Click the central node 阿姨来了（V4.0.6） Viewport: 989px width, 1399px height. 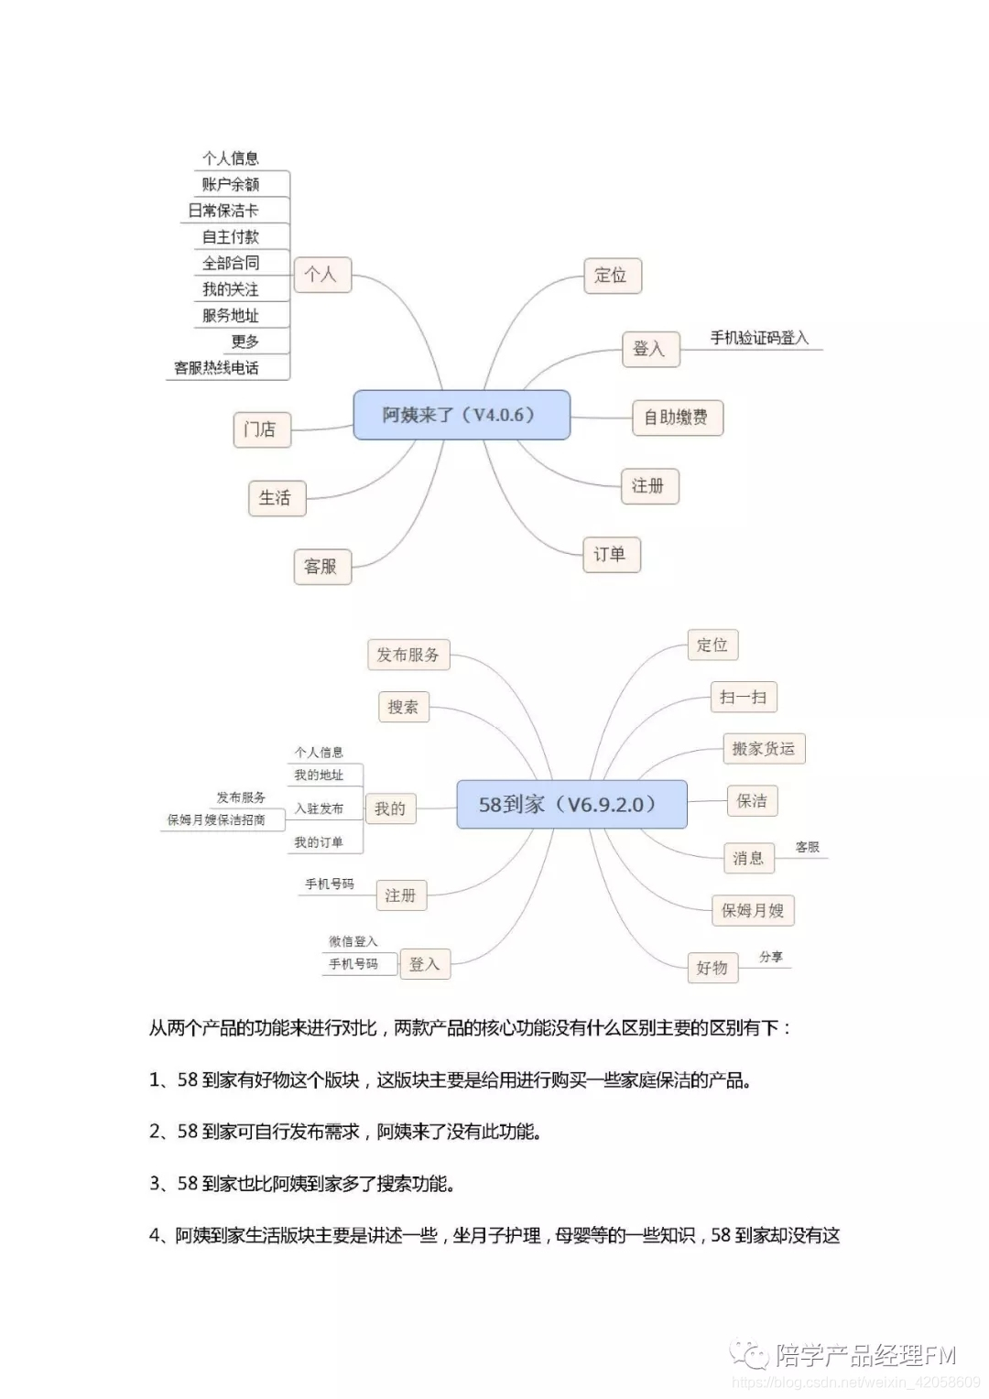pyautogui.click(x=462, y=415)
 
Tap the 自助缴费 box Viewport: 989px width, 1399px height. pyautogui.click(x=677, y=418)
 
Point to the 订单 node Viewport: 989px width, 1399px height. pyautogui.click(x=611, y=554)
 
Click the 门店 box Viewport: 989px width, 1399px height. pyautogui.click(x=261, y=429)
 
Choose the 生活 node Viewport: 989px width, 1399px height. pyautogui.click(x=276, y=498)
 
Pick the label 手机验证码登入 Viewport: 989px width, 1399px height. pyautogui.click(x=759, y=338)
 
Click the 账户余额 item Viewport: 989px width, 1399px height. pyautogui.click(x=231, y=184)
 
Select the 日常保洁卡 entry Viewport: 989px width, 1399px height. pyautogui.click(x=223, y=211)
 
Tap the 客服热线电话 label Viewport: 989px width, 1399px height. pyautogui.click(x=217, y=368)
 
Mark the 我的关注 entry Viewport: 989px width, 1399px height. pyautogui.click(x=231, y=289)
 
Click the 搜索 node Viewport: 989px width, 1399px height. pyautogui.click(x=403, y=707)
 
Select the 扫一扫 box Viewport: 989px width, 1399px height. pyautogui.click(x=743, y=697)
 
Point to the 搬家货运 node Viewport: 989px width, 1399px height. pyautogui.click(x=763, y=749)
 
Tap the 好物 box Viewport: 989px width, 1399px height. pyautogui.click(x=712, y=968)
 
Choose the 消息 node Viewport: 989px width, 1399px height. pyautogui.click(x=748, y=858)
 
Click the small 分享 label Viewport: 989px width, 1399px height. pyautogui.click(x=771, y=957)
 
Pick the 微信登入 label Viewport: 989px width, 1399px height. pyautogui.click(x=353, y=941)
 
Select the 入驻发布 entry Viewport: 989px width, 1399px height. pyautogui.click(x=319, y=808)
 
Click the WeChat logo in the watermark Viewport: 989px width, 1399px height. pyautogui.click(x=750, y=1353)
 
